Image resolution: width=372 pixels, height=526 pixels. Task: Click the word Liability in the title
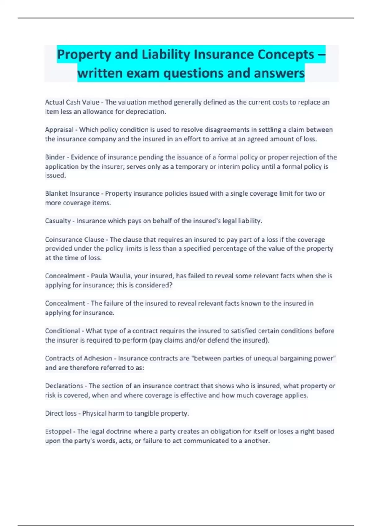(x=166, y=54)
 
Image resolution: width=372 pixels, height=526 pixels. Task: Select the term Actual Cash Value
(x=72, y=102)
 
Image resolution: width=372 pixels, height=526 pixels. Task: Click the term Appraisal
(x=59, y=130)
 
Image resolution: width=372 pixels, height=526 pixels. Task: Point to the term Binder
(x=55, y=157)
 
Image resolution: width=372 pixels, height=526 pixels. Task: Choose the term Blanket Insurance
(x=72, y=193)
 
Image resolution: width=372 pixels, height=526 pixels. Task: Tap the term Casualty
(x=58, y=221)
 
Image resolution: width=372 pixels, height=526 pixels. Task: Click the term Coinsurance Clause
(x=74, y=239)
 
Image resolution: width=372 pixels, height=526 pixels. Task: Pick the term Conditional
(x=62, y=331)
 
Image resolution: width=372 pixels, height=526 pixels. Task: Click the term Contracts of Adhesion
(x=78, y=358)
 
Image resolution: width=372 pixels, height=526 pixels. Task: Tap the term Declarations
(x=64, y=386)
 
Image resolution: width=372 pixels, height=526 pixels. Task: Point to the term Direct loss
(x=61, y=413)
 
